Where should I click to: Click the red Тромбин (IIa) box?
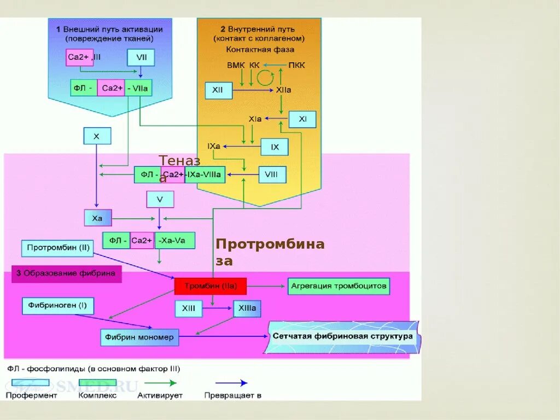click(x=211, y=286)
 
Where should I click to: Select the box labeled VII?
click(x=141, y=57)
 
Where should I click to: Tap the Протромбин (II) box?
click(x=57, y=248)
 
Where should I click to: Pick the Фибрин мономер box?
click(x=139, y=337)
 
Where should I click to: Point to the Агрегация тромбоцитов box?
click(x=339, y=286)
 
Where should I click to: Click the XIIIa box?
click(x=247, y=308)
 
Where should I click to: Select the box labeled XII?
click(x=219, y=90)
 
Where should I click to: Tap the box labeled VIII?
click(x=272, y=174)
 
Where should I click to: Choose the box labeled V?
click(x=160, y=200)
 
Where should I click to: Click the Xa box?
click(x=98, y=218)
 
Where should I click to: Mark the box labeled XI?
click(x=302, y=119)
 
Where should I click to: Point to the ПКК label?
click(x=297, y=66)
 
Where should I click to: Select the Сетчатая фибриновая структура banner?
click(x=343, y=337)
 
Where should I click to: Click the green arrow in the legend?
click(x=160, y=383)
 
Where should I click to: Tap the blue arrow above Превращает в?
click(x=231, y=383)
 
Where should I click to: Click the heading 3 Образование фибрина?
click(x=66, y=274)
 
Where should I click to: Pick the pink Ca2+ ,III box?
click(x=79, y=57)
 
